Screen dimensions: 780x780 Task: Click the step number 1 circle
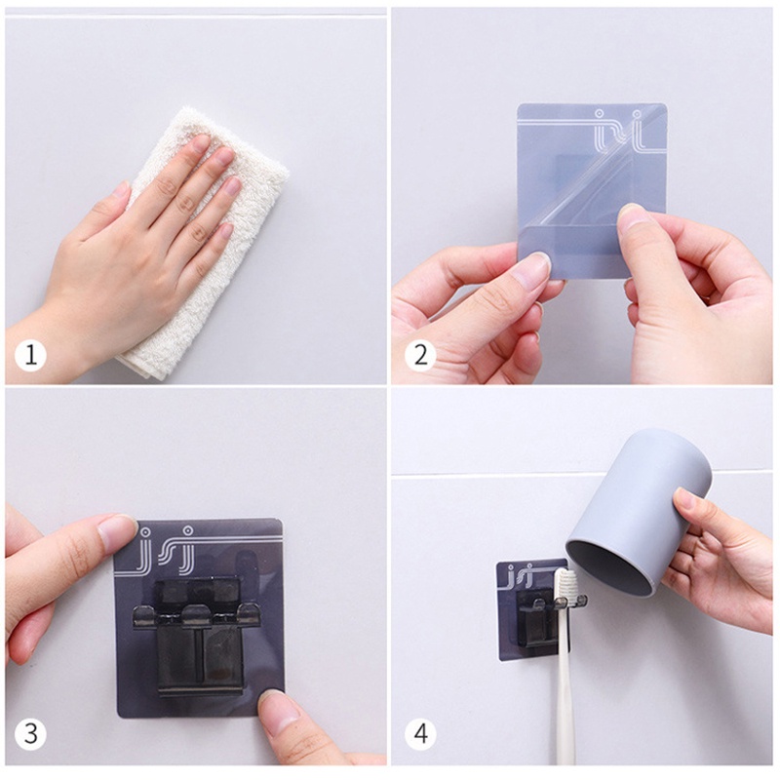[x=30, y=355]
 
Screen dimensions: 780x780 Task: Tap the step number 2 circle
[x=420, y=355]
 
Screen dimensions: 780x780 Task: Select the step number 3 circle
[x=30, y=734]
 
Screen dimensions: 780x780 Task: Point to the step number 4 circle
[x=420, y=734]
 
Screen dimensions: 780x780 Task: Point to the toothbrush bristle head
[x=565, y=586]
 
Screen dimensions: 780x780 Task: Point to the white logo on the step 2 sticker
[x=619, y=131]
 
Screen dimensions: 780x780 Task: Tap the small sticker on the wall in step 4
[x=532, y=611]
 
